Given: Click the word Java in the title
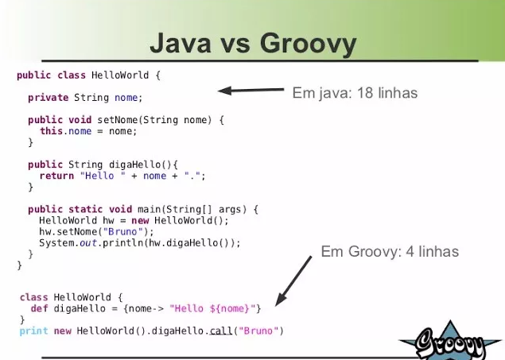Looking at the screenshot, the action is [x=181, y=43].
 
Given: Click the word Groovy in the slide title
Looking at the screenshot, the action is [x=309, y=45].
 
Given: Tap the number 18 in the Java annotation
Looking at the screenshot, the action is [x=365, y=93].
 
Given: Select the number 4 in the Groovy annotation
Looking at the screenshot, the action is [x=410, y=251].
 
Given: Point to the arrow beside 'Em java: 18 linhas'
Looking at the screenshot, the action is [x=251, y=90].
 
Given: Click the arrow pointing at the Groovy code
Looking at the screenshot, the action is [x=293, y=281].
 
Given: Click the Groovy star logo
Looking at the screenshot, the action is [x=451, y=341].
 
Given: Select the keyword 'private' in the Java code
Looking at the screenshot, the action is [x=49, y=98].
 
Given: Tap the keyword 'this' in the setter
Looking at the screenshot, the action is [x=51, y=131].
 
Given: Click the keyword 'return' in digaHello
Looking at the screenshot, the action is [x=56, y=176].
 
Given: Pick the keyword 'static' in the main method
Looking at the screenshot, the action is [x=85, y=209].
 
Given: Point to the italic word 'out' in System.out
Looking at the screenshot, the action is [x=88, y=243].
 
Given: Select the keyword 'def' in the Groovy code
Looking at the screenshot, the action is [x=39, y=308].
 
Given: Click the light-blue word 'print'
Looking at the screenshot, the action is [x=34, y=331].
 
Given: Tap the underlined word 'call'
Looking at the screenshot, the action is [x=221, y=331].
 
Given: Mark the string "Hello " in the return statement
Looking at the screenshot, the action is [x=103, y=176].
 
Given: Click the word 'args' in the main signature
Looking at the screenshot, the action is [x=230, y=210].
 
